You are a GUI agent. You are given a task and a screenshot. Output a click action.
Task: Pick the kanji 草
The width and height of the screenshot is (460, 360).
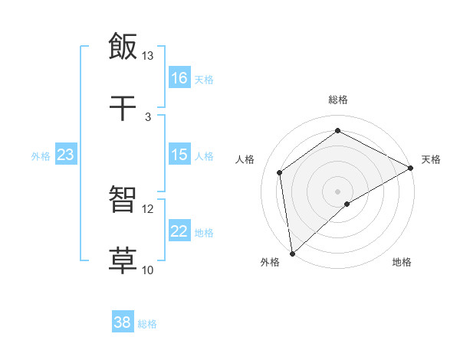click(x=123, y=260)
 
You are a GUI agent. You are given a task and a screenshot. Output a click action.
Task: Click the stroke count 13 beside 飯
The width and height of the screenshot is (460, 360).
click(x=148, y=56)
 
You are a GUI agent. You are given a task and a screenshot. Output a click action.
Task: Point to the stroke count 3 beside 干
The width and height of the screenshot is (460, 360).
click(x=148, y=116)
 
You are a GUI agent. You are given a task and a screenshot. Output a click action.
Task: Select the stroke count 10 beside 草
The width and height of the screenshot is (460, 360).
click(x=148, y=270)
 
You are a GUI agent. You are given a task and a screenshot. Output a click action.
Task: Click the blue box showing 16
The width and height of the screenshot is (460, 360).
click(x=179, y=78)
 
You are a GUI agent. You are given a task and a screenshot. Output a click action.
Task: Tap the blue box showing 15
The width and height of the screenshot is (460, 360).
click(x=179, y=155)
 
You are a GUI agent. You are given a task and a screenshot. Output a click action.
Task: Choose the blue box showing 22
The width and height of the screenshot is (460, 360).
click(x=179, y=231)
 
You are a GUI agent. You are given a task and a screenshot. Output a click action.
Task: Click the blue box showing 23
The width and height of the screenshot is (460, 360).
click(x=65, y=155)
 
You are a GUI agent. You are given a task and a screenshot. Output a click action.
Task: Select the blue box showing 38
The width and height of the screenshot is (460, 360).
click(x=123, y=322)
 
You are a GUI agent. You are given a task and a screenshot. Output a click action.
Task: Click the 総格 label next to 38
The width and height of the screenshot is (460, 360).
click(x=147, y=324)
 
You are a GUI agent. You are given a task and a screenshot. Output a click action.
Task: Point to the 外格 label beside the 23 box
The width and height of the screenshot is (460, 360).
click(x=41, y=156)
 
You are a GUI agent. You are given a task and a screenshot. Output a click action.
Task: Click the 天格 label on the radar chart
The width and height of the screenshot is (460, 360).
click(x=431, y=159)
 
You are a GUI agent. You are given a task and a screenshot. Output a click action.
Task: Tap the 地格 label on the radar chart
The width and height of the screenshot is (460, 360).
click(x=402, y=262)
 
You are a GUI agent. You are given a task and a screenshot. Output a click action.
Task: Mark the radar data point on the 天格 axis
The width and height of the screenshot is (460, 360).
click(x=410, y=168)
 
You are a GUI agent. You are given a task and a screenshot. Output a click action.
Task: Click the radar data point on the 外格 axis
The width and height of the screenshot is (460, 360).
click(x=292, y=253)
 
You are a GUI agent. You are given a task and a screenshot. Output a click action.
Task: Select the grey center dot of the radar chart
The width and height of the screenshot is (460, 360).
click(x=337, y=191)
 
